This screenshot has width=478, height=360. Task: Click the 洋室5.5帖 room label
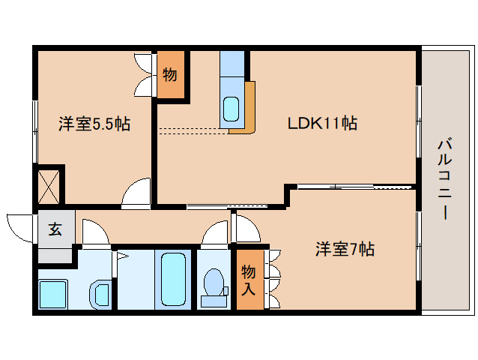(x=94, y=124)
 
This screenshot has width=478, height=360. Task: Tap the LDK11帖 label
(x=322, y=124)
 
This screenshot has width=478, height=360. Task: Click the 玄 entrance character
(x=55, y=230)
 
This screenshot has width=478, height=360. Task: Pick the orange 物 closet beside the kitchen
(x=169, y=75)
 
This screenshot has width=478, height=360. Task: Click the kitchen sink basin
(x=232, y=110)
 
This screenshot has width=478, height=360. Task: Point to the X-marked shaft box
(x=50, y=185)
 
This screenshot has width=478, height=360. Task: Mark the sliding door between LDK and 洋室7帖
(x=352, y=185)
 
